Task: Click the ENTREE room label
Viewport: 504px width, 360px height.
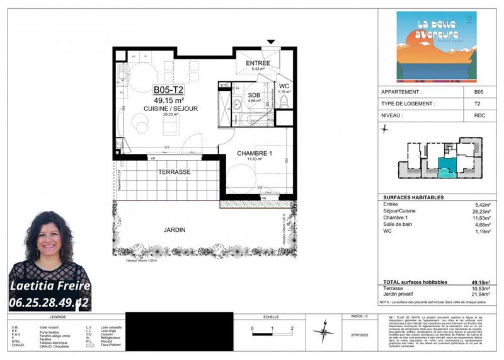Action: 258,63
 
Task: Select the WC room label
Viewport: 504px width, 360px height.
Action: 283,86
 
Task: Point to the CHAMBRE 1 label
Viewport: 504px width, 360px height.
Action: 255,153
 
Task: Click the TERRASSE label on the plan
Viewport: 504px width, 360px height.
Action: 175,171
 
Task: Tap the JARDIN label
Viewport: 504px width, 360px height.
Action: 175,230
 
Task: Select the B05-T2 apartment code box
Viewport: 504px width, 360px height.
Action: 169,90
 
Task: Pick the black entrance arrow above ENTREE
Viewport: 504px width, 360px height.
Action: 272,43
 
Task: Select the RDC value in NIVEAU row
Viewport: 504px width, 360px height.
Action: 478,117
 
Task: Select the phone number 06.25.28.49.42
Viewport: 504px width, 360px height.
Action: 49,303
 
